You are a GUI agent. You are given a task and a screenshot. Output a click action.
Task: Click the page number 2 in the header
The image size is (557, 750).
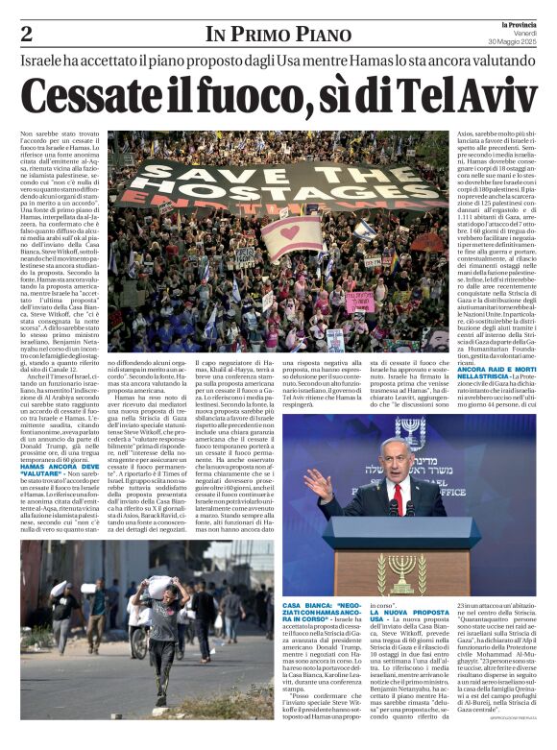point(26,35)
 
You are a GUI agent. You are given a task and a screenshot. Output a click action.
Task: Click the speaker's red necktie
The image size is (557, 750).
point(397,497)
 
